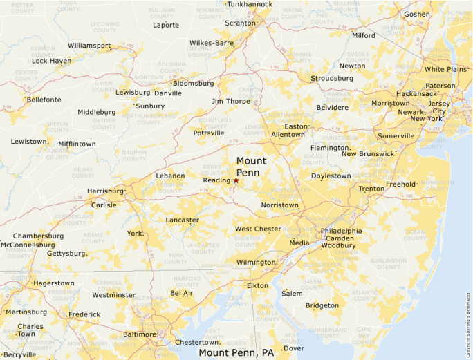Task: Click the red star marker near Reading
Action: (x=236, y=180)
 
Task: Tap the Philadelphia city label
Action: (x=341, y=231)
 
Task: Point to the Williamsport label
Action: (x=89, y=46)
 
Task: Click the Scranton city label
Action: (x=240, y=23)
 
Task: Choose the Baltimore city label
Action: (x=139, y=334)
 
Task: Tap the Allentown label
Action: (x=288, y=134)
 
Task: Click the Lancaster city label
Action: (x=182, y=220)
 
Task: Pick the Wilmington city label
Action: (x=256, y=263)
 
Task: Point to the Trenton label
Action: (x=371, y=189)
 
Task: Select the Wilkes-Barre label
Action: (x=212, y=43)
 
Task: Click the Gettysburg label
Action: (x=67, y=254)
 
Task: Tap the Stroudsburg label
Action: (x=331, y=78)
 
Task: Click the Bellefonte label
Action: (x=44, y=100)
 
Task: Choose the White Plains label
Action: (x=445, y=69)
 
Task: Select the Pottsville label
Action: (x=209, y=133)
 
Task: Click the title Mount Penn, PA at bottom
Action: (x=236, y=353)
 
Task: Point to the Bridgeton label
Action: (x=322, y=305)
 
